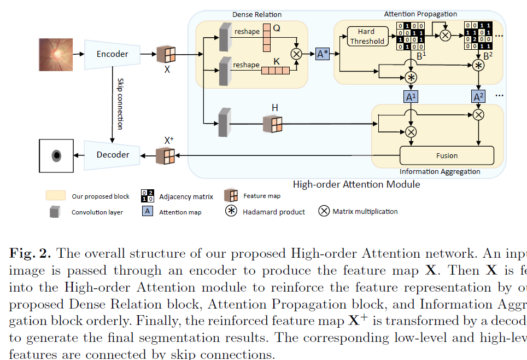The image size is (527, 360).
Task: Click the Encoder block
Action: [x=112, y=54]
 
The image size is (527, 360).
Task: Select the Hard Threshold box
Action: [x=367, y=36]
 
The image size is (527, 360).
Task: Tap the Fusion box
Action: [x=447, y=155]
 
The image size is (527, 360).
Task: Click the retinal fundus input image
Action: [x=55, y=54]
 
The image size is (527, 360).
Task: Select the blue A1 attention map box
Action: [x=410, y=97]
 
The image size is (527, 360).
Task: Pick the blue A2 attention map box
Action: [x=478, y=97]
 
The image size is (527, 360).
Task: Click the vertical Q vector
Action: [x=267, y=36]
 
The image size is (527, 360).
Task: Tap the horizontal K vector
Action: [x=276, y=70]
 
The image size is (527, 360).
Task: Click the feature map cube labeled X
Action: [x=166, y=55]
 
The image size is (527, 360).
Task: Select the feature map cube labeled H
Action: [x=272, y=124]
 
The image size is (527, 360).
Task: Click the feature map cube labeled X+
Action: [x=166, y=156]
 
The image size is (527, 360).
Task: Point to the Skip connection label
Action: [x=120, y=104]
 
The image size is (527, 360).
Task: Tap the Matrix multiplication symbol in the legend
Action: [x=324, y=211]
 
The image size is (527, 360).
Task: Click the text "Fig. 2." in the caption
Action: [x=30, y=253]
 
